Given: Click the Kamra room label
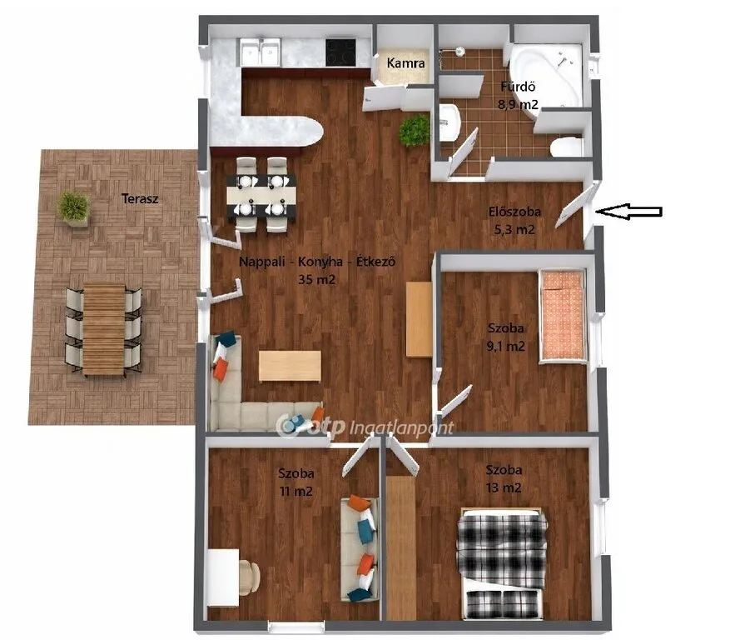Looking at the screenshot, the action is click(x=405, y=63).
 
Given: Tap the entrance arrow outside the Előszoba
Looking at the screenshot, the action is click(x=629, y=211).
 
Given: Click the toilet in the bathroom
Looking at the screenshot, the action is click(x=567, y=147).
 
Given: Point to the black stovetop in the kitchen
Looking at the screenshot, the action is click(x=340, y=52).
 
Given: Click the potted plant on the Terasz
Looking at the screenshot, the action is click(x=73, y=207).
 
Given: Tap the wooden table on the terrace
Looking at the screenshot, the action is click(x=104, y=329).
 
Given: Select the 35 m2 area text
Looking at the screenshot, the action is click(x=316, y=280).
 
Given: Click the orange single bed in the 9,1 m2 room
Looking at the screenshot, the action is click(x=562, y=316).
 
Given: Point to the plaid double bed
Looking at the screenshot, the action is click(x=502, y=563).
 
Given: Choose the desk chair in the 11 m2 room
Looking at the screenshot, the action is click(x=250, y=577).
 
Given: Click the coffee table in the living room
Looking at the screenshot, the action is click(x=290, y=367).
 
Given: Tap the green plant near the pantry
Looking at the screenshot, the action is click(x=414, y=131).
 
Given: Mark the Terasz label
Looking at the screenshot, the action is click(x=140, y=198).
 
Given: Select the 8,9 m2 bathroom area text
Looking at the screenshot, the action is click(x=518, y=104).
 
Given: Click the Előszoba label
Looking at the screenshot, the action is click(x=514, y=212).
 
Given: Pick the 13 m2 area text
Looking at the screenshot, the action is click(x=504, y=487).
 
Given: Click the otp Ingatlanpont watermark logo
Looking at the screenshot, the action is click(x=365, y=427).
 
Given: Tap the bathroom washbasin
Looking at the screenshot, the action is click(x=449, y=122).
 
